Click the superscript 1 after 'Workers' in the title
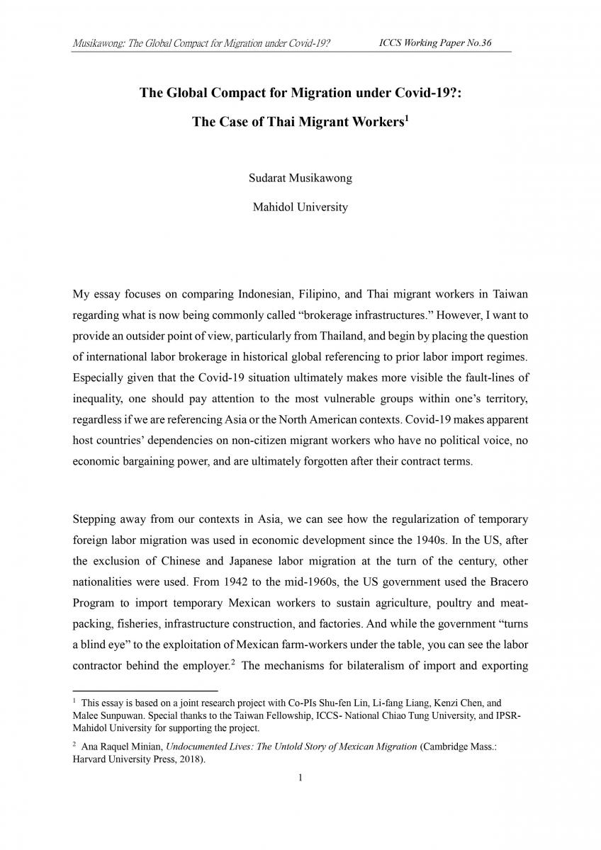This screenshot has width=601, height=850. pyautogui.click(x=405, y=118)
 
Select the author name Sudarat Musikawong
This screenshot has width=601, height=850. pyautogui.click(x=300, y=178)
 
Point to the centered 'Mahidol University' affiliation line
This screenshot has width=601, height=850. pyautogui.click(x=300, y=208)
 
